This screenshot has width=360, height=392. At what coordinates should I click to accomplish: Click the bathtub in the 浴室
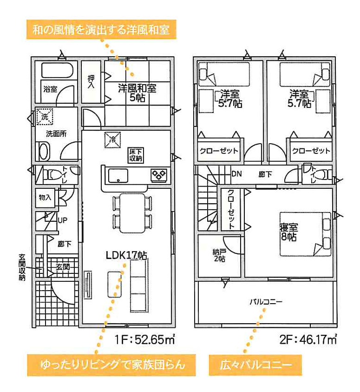coord(58,70)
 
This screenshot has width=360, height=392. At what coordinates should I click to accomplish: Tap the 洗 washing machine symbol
coord(45,117)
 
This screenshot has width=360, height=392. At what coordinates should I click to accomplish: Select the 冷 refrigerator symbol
coord(112,140)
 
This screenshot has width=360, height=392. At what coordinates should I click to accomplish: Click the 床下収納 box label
coord(136,155)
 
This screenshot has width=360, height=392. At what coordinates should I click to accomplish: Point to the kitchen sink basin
coord(118,176)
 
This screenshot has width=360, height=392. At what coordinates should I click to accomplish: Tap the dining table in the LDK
coord(132,213)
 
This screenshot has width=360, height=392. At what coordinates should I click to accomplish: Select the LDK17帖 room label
coord(126,255)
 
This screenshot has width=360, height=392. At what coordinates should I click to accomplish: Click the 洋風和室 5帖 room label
coord(137,93)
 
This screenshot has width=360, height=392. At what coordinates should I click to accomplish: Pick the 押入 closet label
coord(91,81)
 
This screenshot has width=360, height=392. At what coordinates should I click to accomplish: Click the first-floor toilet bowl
coord(52,174)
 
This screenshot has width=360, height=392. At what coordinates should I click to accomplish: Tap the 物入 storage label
coord(45,198)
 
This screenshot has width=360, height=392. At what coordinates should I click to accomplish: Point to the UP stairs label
coord(62,220)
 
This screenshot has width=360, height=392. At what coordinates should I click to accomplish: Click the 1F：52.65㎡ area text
coord(144,339)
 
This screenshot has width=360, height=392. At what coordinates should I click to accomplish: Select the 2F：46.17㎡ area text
coord(308,339)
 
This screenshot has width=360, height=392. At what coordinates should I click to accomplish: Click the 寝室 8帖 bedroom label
coord(289,232)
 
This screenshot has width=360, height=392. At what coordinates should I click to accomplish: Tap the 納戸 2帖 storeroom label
coord(219,255)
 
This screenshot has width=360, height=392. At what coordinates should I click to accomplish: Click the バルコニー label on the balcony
coord(266,302)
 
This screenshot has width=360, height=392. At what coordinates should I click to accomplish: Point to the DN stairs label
coord(236,174)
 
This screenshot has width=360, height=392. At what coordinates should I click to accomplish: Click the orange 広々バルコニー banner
coord(255,365)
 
